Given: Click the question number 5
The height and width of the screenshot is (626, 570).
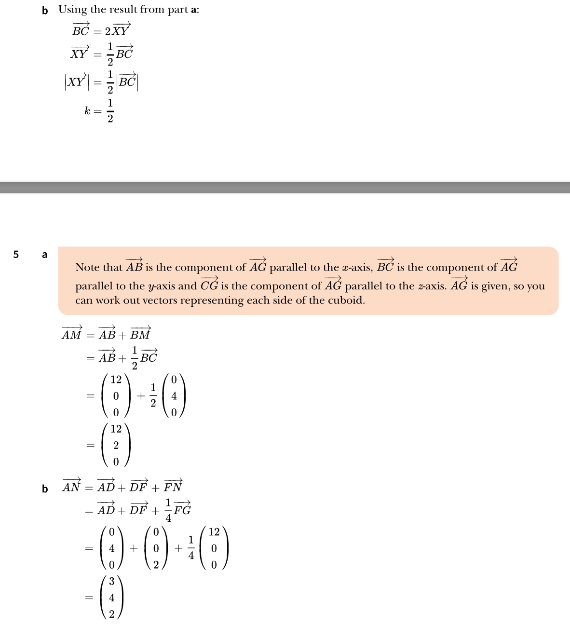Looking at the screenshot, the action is point(16,254).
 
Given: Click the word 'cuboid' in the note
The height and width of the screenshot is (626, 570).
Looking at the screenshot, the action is point(346,300).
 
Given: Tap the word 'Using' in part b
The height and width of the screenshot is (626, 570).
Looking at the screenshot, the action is point(73,10).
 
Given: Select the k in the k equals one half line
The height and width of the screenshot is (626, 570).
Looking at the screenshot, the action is point(87,111).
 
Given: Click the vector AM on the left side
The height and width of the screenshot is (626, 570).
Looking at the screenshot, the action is point(72,334).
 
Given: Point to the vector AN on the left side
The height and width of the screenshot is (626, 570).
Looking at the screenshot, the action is point(71,487).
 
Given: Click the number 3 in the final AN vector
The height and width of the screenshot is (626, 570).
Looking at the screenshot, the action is point(111,582).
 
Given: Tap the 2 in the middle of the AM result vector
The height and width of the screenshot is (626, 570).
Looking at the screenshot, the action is point(116,445).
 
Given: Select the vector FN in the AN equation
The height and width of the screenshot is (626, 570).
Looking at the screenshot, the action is point(173,487).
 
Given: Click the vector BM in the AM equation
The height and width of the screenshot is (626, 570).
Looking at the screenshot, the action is point(140,334).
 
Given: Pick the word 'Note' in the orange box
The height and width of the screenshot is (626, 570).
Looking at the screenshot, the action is point(87,268).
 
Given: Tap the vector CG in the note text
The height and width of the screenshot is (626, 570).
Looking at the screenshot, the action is point(209,286).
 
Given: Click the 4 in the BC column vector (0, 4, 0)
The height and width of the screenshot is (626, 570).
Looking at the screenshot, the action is point(174,396).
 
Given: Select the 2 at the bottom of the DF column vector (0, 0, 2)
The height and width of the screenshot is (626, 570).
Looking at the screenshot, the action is point(156,564).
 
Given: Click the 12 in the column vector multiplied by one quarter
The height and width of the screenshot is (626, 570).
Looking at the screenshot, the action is point(214,532).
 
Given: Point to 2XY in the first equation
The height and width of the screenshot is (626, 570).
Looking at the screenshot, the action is point(118,31).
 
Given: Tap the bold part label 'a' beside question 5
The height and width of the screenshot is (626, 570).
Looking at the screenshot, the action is point(45,255).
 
